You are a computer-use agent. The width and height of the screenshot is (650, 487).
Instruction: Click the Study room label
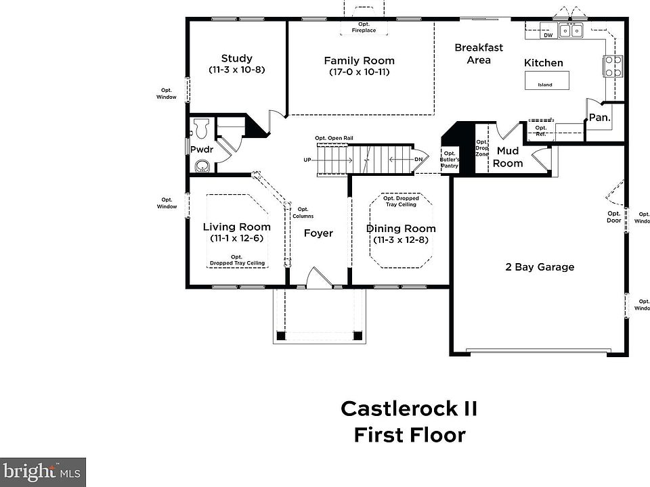click(236, 58)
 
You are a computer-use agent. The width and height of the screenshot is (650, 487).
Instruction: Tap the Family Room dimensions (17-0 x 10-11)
click(359, 72)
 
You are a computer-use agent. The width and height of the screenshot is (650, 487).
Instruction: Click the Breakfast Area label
click(479, 53)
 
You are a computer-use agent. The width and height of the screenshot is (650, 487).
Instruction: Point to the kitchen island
click(546, 80)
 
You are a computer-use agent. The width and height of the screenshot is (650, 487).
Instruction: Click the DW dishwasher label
click(548, 34)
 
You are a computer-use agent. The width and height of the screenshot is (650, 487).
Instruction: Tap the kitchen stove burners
click(613, 66)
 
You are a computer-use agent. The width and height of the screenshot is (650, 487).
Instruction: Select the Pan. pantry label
click(599, 117)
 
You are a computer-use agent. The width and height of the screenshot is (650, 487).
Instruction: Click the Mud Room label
click(508, 157)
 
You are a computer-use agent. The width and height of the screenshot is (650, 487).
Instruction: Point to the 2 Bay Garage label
click(540, 267)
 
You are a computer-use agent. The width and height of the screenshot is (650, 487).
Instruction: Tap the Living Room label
click(236, 227)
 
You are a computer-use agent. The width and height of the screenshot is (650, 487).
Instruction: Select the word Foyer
click(318, 233)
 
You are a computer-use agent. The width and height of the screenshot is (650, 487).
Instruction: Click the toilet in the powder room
click(200, 128)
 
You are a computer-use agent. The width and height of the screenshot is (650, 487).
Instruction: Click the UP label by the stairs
click(308, 160)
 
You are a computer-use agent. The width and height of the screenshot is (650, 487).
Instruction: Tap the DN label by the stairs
click(419, 160)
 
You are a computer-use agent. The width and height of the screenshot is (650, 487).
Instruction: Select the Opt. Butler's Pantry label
click(450, 160)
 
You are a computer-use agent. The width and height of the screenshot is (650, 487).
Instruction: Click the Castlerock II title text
click(409, 409)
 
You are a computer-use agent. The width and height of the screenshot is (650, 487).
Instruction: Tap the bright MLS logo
click(42, 471)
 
